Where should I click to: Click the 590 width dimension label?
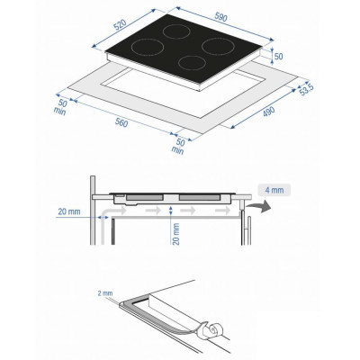(221, 18)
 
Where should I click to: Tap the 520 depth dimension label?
(121, 25)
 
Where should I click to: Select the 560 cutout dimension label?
(121, 122)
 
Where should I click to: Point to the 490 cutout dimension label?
(269, 112)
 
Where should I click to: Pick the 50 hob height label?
(279, 56)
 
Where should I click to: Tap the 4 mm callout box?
(274, 190)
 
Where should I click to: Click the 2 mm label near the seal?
(105, 293)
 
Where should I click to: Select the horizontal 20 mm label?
(69, 211)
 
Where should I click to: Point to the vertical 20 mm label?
(176, 234)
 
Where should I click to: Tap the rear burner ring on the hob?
(176, 31)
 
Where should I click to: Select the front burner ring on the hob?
(193, 63)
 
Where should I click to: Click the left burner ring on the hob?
(148, 48)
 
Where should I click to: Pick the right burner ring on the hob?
(218, 46)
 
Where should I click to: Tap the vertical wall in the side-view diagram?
(93, 210)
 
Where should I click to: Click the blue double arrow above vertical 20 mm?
(171, 211)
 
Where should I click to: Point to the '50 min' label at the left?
(61, 107)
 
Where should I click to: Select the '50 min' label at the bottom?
(179, 146)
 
